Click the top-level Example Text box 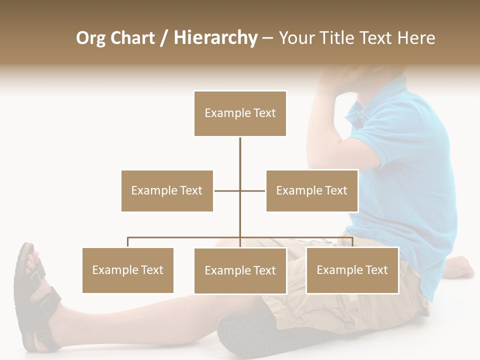[x=240, y=113]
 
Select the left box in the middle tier [x=167, y=190]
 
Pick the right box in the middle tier [x=311, y=190]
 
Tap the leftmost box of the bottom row [x=127, y=270]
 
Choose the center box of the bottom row [x=240, y=270]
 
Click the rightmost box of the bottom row [x=352, y=270]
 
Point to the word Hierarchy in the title [x=215, y=38]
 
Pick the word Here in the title [x=416, y=38]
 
